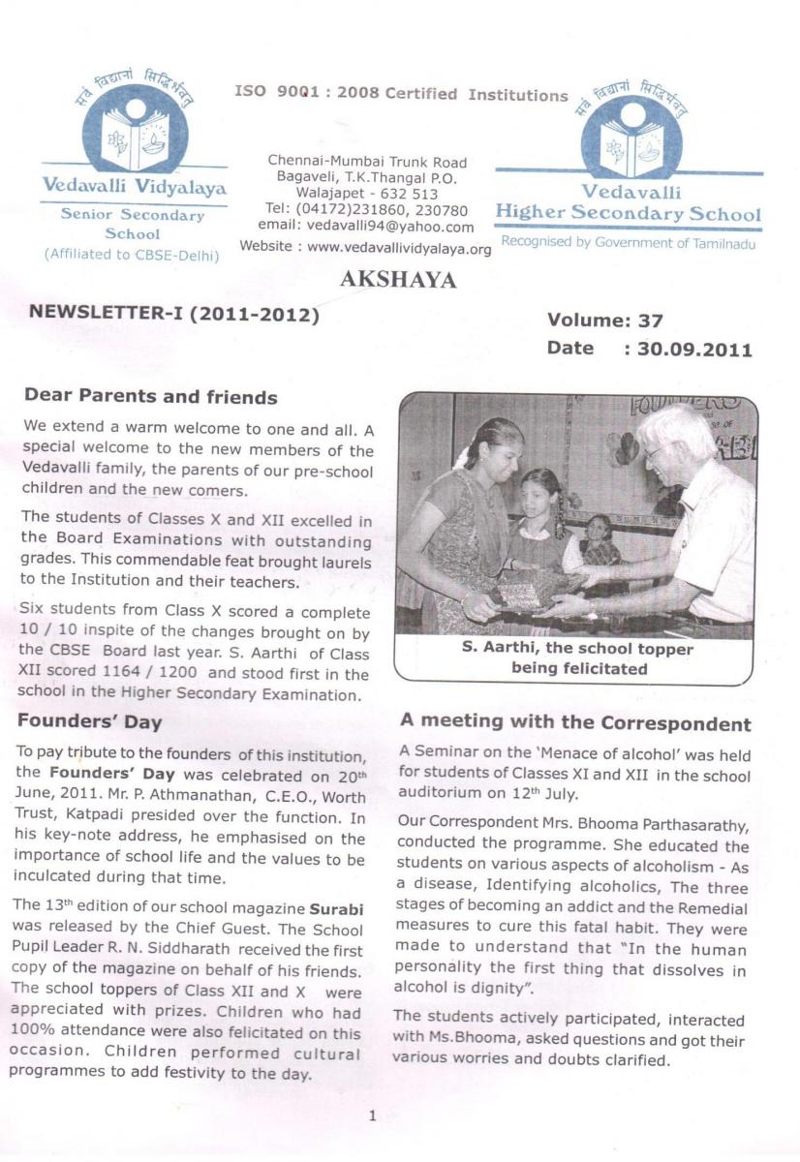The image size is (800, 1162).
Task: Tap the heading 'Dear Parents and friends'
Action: pyautogui.click(x=150, y=397)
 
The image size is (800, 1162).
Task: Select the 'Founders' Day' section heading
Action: pyautogui.click(x=90, y=721)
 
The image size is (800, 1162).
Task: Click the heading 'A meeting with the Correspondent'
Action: pyautogui.click(x=575, y=723)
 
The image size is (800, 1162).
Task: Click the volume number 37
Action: pyautogui.click(x=646, y=321)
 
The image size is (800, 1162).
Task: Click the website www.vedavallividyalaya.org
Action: pyautogui.click(x=399, y=247)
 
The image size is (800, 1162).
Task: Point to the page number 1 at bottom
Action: pyautogui.click(x=372, y=1116)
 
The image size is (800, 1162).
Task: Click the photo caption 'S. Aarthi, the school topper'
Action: pyautogui.click(x=575, y=650)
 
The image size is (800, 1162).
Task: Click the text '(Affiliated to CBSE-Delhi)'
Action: pyautogui.click(x=133, y=255)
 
